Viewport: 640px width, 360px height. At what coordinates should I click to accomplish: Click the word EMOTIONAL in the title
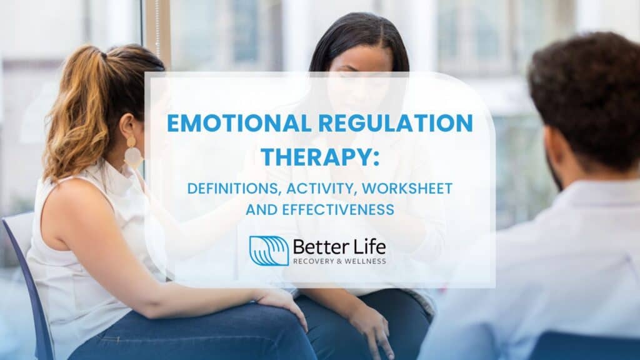click(x=239, y=123)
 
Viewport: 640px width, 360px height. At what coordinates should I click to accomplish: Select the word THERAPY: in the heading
click(x=320, y=157)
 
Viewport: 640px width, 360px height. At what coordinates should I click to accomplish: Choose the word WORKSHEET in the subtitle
click(x=407, y=189)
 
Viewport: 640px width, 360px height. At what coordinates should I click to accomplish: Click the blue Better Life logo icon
click(x=269, y=251)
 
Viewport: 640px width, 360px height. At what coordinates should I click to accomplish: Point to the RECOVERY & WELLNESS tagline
click(x=339, y=261)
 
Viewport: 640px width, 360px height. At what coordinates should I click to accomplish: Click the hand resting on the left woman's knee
click(x=282, y=304)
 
